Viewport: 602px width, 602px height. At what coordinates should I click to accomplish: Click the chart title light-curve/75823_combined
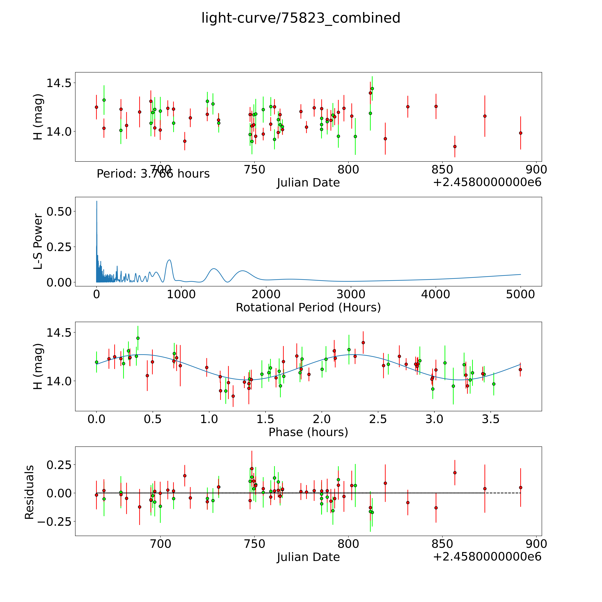click(x=301, y=18)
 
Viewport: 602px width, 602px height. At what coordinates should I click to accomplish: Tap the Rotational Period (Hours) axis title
click(x=308, y=308)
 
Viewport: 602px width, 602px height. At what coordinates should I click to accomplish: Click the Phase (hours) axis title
click(x=308, y=432)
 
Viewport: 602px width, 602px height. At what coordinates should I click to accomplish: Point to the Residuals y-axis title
click(x=29, y=492)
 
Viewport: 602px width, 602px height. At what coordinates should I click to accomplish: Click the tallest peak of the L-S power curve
click(x=97, y=201)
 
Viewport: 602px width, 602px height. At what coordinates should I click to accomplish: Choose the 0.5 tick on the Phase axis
click(x=153, y=419)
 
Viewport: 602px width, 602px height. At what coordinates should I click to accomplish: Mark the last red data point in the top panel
click(x=520, y=133)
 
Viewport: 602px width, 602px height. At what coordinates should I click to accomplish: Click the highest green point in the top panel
click(x=372, y=89)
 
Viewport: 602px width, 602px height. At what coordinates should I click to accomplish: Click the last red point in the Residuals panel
click(x=520, y=487)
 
